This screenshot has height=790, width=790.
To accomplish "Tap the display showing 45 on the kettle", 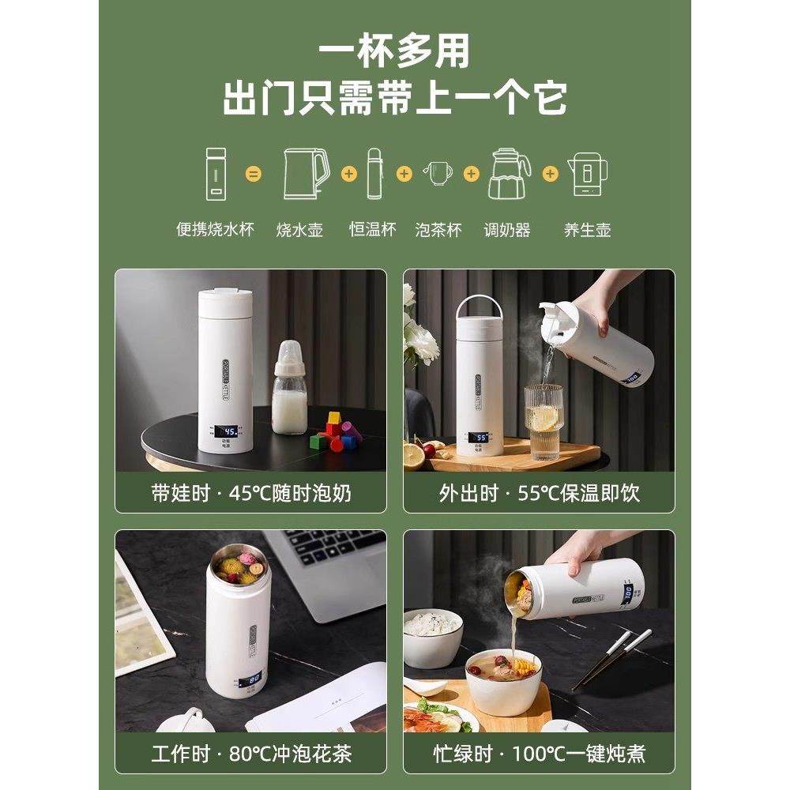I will click(228, 431).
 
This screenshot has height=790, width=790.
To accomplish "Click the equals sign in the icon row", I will click(253, 173).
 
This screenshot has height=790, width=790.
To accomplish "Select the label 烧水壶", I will click(300, 230).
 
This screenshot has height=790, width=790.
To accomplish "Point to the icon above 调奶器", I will click(509, 173).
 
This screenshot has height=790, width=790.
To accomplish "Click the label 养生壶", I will click(587, 230).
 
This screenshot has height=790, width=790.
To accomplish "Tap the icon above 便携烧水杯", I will click(215, 173).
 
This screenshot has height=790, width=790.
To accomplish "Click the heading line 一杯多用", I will click(394, 51).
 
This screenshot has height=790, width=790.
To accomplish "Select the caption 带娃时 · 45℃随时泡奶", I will click(250, 494).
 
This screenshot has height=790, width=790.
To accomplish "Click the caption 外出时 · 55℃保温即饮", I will click(540, 494).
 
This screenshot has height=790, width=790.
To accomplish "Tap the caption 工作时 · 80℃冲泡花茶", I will click(250, 753).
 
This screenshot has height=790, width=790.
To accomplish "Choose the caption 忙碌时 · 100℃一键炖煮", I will click(540, 753).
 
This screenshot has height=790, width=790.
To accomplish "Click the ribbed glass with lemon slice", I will click(544, 419).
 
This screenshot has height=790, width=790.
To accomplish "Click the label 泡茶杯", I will click(438, 230).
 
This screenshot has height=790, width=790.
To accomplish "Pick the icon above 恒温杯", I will click(374, 173).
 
